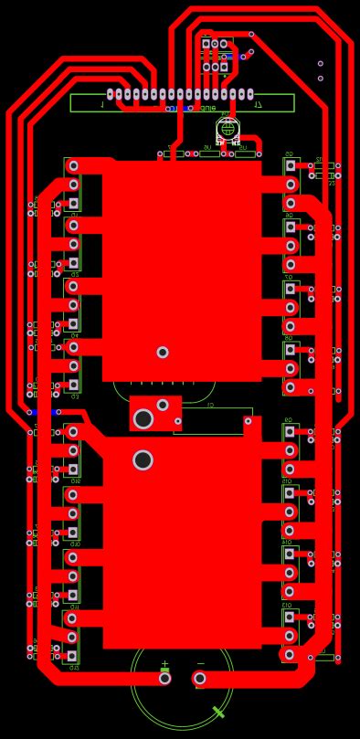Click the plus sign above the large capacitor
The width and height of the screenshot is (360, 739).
click(x=164, y=664)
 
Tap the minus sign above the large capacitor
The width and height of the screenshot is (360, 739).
click(x=200, y=664)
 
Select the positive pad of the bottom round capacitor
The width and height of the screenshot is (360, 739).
click(x=164, y=678)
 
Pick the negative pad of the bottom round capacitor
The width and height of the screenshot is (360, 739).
click(x=199, y=678)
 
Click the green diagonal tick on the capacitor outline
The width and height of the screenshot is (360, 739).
click(x=218, y=712)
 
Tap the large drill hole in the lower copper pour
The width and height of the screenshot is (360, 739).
click(x=143, y=459)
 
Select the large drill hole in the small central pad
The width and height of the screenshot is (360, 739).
click(x=143, y=419)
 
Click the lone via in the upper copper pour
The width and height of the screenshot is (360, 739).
click(x=163, y=352)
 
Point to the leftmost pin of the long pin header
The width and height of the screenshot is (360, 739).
click(x=111, y=93)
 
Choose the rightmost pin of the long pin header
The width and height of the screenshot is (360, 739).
click(x=249, y=93)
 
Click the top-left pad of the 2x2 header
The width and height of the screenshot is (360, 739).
click(x=206, y=44)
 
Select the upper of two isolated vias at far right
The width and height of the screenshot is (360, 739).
click(x=321, y=64)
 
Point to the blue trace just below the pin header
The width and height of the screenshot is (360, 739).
click(x=183, y=108)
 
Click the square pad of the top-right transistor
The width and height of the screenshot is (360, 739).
click(x=291, y=165)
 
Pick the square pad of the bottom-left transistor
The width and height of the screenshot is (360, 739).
click(x=73, y=656)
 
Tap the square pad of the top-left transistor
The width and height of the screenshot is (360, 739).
click(x=73, y=204)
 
